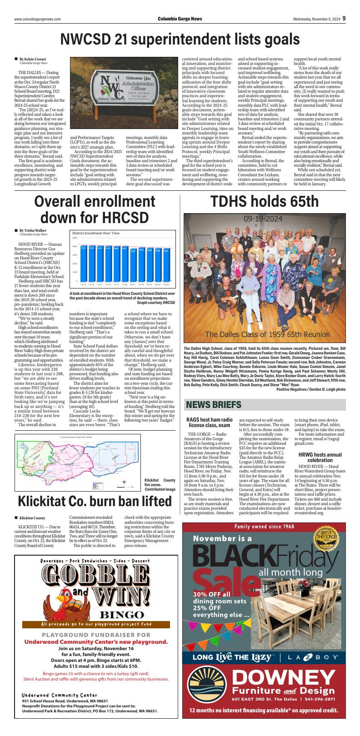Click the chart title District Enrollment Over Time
tap(96, 233)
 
